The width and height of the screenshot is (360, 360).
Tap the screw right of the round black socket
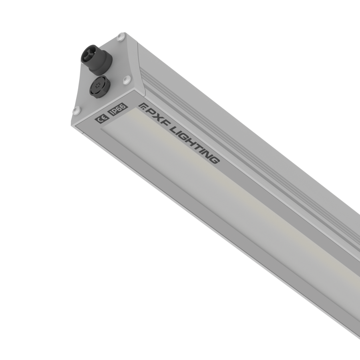coord(126,79)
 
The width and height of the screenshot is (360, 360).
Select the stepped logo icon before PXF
coord(142,106)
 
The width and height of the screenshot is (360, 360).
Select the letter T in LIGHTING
coord(197,145)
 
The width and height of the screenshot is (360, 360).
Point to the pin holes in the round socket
coord(98,85)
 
